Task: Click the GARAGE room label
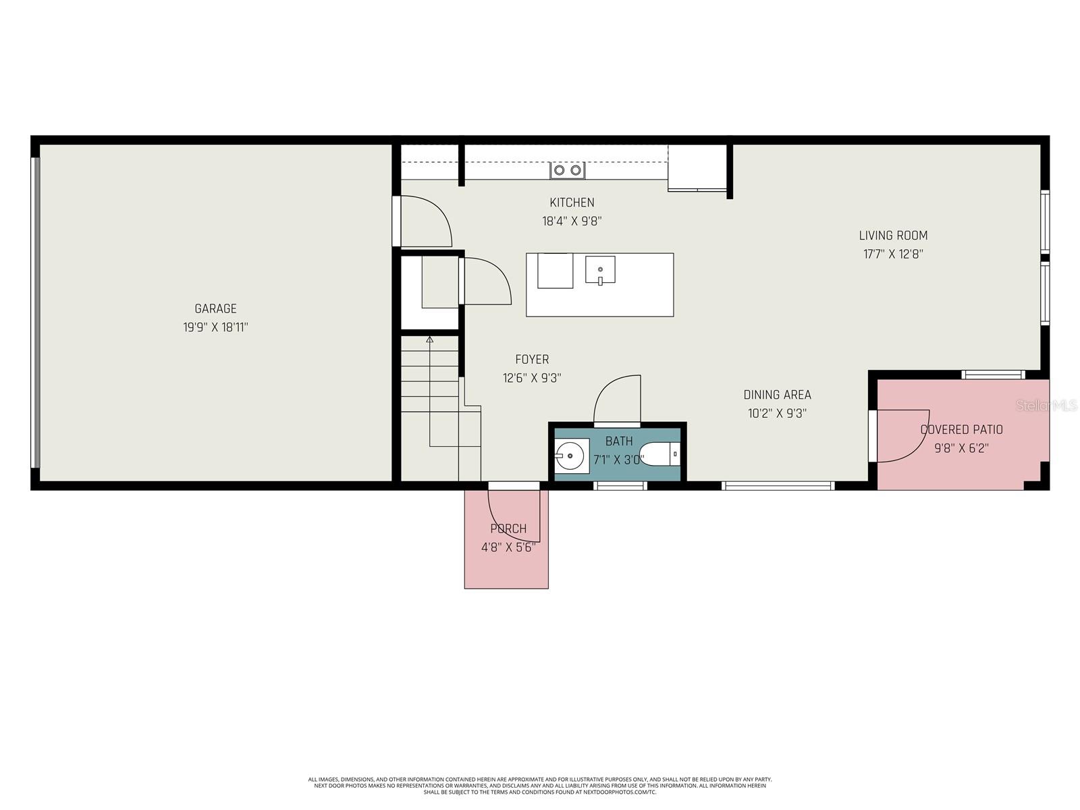tap(215, 308)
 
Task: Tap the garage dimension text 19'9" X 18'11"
tap(215, 327)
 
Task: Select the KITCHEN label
tap(572, 202)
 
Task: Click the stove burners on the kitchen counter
tap(567, 170)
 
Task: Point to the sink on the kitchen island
tap(600, 271)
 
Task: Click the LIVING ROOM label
tap(893, 236)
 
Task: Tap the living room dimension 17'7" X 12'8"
tap(893, 254)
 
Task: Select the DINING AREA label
tap(777, 395)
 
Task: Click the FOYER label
tap(532, 360)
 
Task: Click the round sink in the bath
tap(571, 456)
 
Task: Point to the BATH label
tap(619, 441)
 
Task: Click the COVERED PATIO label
tap(961, 429)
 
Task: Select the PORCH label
tap(508, 529)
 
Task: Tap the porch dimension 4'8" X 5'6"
tap(508, 547)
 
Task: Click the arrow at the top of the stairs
tap(429, 340)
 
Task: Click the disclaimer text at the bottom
tap(540, 785)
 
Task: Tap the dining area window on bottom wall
tap(778, 485)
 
